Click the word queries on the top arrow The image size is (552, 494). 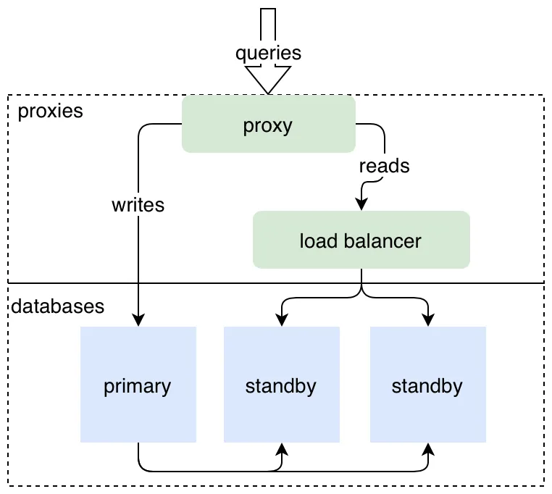268,53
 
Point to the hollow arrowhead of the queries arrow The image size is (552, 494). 268,80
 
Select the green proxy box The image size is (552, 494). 268,125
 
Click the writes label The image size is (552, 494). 138,205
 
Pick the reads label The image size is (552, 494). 384,166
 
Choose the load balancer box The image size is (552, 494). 361,240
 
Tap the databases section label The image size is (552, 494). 57,306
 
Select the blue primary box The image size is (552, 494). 138,385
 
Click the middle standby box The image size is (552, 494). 281,385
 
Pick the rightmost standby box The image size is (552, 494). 427,385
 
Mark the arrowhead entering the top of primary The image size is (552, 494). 138,321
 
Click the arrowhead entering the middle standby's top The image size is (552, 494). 281,321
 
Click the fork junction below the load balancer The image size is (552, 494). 361,294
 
